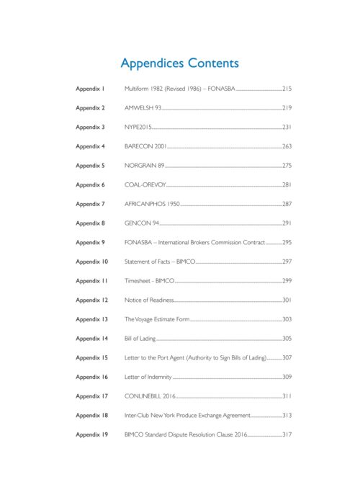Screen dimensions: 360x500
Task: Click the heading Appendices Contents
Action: click(x=180, y=63)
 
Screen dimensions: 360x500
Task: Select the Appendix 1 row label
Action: click(x=91, y=89)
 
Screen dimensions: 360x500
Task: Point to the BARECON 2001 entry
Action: click(x=145, y=146)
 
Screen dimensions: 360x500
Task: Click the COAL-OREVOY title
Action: click(x=145, y=184)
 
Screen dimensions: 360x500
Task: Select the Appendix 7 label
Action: click(x=91, y=204)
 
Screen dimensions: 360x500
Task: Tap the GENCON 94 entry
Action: click(x=142, y=223)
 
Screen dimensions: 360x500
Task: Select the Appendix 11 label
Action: click(x=92, y=281)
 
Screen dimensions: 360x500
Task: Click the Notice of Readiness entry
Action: click(x=149, y=300)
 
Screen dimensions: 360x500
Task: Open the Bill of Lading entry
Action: click(x=140, y=339)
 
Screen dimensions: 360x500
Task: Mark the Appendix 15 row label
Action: click(x=92, y=357)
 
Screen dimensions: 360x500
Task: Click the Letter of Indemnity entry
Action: click(x=148, y=377)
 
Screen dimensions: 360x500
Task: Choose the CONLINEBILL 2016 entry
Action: click(x=150, y=396)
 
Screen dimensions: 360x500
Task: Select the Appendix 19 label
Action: click(x=92, y=434)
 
